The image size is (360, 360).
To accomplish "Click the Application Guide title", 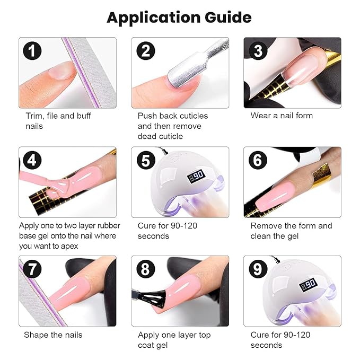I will [179, 17].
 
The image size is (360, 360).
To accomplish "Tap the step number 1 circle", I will [32, 51].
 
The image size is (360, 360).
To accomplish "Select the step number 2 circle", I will [145, 51].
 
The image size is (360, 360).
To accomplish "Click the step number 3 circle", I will [258, 51].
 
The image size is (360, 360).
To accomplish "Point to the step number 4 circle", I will [32, 160].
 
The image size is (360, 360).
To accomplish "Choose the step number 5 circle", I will [145, 160].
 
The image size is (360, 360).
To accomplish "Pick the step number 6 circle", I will [258, 160].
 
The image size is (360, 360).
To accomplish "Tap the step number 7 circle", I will [32, 269].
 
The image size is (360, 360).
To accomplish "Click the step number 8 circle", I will [145, 269].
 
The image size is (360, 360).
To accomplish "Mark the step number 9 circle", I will [258, 269].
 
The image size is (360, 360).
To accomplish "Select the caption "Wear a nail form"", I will [282, 116].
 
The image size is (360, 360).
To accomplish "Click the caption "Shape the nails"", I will [53, 335].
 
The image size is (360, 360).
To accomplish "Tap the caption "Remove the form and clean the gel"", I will [291, 231].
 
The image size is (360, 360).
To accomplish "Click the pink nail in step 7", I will [74, 289].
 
